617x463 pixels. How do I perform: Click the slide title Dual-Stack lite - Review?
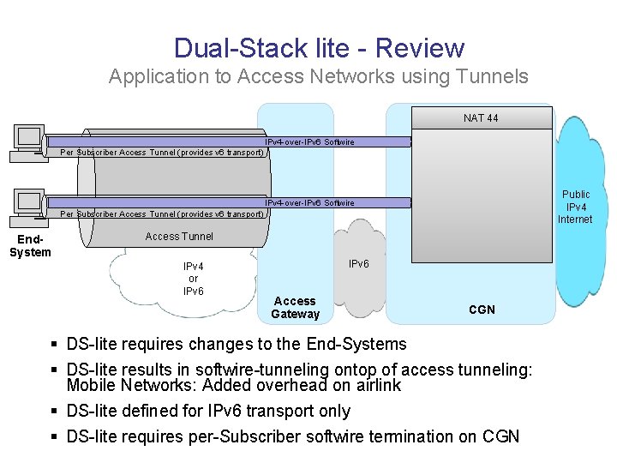tap(319, 48)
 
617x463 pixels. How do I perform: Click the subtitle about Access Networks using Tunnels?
tap(319, 76)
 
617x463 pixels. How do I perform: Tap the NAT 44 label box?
tap(481, 117)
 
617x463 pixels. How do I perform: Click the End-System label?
tap(30, 245)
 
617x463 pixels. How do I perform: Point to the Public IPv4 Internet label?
tap(575, 207)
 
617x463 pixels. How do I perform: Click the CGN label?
tap(482, 310)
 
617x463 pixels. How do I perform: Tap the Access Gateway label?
tap(295, 307)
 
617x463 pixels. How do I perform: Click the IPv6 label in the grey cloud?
tap(358, 265)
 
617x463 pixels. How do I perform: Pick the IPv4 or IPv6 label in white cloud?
tap(193, 279)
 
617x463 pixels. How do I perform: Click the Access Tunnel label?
tap(179, 236)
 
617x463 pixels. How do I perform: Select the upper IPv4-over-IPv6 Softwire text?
tap(309, 141)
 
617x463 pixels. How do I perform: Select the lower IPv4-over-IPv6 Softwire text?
tap(309, 203)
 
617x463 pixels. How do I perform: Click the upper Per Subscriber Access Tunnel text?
tap(161, 153)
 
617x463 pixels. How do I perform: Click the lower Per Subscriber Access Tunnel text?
tap(161, 213)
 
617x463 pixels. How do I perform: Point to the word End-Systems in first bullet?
tap(356, 344)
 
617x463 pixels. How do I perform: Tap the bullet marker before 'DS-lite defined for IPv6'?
tap(54, 411)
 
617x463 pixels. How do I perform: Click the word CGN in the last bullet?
tap(500, 436)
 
